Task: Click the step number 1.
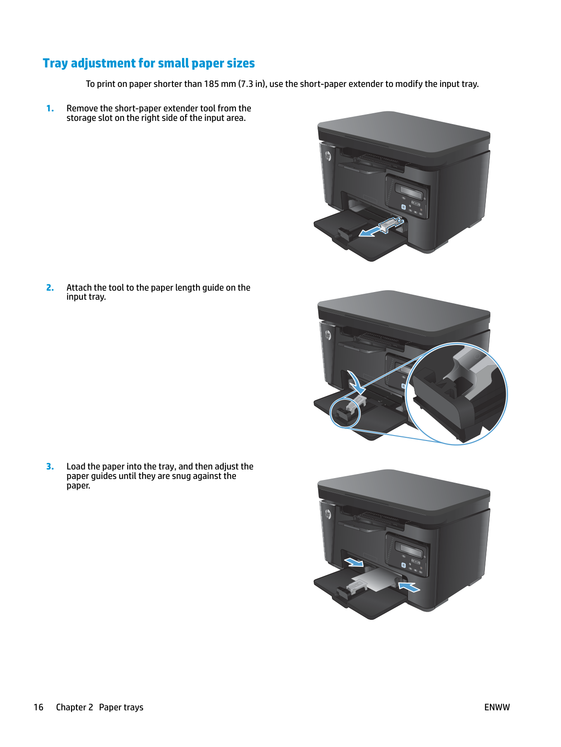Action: pyautogui.click(x=50, y=109)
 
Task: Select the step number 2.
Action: pyautogui.click(x=50, y=288)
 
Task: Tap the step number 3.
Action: pyautogui.click(x=50, y=467)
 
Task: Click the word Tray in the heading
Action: pyautogui.click(x=55, y=63)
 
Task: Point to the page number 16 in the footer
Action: pyautogui.click(x=38, y=707)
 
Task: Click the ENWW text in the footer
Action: pyautogui.click(x=497, y=707)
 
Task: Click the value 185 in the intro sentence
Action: pyautogui.click(x=211, y=84)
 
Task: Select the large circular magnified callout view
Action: pyautogui.click(x=456, y=394)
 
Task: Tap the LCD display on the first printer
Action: pyautogui.click(x=409, y=192)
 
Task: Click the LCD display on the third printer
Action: pyautogui.click(x=409, y=550)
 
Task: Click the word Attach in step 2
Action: pyautogui.click(x=79, y=288)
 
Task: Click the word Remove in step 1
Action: pyautogui.click(x=82, y=109)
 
